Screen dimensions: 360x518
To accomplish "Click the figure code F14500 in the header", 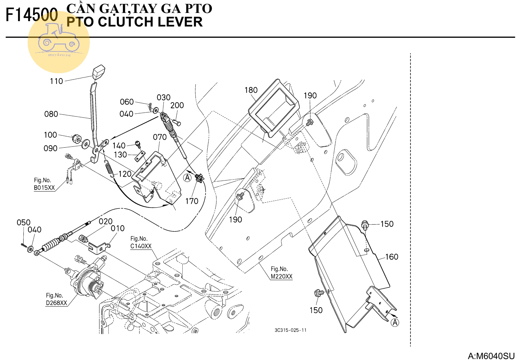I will point(32,15).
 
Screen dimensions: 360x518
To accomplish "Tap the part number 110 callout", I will point(56,81).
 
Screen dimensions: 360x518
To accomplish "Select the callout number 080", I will point(51,114).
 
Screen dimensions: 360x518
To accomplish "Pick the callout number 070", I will point(160,137).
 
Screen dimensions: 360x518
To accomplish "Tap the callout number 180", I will point(251,90).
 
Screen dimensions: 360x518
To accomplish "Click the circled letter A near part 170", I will point(187,178).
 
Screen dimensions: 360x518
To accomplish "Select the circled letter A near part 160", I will point(395,322).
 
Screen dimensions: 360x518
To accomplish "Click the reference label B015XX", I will point(44,188).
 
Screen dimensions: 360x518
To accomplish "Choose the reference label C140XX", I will point(141,246).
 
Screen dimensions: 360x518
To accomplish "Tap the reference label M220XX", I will point(281,276).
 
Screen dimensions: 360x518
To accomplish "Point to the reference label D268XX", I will point(56,303).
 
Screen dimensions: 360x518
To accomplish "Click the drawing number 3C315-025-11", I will point(291,330).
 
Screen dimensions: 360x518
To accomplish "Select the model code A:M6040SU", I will point(491,356).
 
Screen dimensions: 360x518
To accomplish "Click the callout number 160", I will point(391,257).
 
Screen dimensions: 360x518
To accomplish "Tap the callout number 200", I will point(177,105).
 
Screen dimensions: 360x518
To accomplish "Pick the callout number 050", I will point(24,222).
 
